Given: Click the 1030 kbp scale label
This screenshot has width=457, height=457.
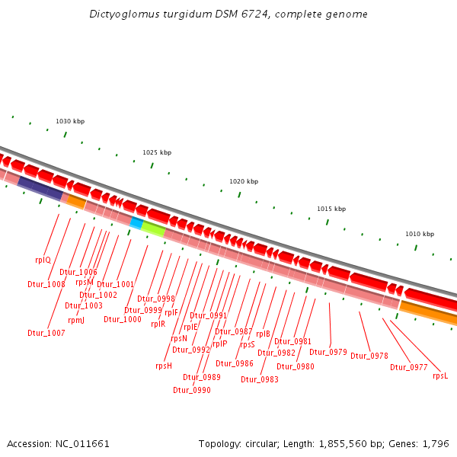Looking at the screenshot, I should pyautogui.click(x=70, y=122).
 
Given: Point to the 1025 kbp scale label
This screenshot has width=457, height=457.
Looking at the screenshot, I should pyautogui.click(x=157, y=152).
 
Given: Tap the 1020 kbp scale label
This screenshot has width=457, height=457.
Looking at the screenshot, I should pyautogui.click(x=244, y=181).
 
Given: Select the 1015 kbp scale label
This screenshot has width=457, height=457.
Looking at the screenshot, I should pyautogui.click(x=331, y=209).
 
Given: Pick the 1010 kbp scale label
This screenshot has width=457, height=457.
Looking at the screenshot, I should pyautogui.click(x=420, y=234).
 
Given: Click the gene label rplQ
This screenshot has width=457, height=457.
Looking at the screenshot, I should pyautogui.click(x=43, y=260).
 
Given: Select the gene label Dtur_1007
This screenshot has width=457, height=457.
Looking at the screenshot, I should pyautogui.click(x=46, y=333).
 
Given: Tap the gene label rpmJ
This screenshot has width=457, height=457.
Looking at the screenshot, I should pyautogui.click(x=76, y=320).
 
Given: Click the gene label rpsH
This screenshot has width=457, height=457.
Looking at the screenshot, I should pyautogui.click(x=164, y=366).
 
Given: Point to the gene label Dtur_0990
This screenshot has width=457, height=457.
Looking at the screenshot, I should pyautogui.click(x=192, y=390).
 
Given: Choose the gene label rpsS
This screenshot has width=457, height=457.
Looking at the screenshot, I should pyautogui.click(x=248, y=344).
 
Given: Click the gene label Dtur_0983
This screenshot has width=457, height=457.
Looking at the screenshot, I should pyautogui.click(x=260, y=379).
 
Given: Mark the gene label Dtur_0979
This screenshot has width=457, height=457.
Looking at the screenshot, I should pyautogui.click(x=328, y=352).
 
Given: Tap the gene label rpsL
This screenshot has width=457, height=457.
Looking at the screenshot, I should pyautogui.click(x=440, y=376).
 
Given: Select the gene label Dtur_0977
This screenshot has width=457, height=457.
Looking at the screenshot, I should pyautogui.click(x=409, y=367).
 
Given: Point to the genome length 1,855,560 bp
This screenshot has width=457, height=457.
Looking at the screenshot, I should pyautogui.click(x=384, y=443).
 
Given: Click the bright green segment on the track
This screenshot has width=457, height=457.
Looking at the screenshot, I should pyautogui.click(x=153, y=228).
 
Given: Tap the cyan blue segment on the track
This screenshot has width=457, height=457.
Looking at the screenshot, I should pyautogui.click(x=136, y=223).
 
